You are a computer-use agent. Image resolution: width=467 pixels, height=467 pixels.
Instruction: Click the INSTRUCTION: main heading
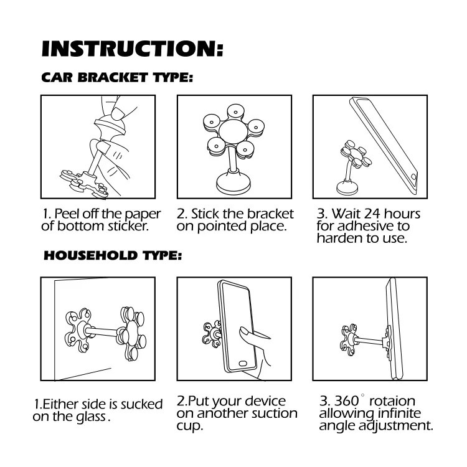click(x=133, y=49)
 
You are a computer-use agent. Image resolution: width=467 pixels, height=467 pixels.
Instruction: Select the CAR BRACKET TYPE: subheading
click(x=117, y=77)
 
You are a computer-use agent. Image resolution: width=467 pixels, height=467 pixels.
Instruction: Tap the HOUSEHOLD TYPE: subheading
click(x=113, y=255)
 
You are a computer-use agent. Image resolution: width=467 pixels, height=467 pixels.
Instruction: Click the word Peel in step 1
click(x=67, y=214)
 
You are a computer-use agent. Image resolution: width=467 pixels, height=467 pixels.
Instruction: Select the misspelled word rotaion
click(x=392, y=401)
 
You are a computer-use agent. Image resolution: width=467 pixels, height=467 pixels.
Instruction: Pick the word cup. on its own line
click(x=190, y=426)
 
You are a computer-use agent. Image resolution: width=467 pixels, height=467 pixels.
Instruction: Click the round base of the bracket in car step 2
click(x=233, y=184)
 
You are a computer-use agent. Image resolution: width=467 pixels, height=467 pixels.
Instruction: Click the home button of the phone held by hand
click(x=243, y=364)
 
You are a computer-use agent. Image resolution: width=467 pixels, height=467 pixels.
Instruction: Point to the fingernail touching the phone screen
click(x=243, y=331)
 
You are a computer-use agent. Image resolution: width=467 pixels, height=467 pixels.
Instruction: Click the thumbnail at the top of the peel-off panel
click(x=119, y=113)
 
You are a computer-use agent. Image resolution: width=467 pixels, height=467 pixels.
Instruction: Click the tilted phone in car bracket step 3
click(x=384, y=146)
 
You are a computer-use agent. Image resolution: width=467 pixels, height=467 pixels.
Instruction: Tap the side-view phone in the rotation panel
click(x=394, y=329)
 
